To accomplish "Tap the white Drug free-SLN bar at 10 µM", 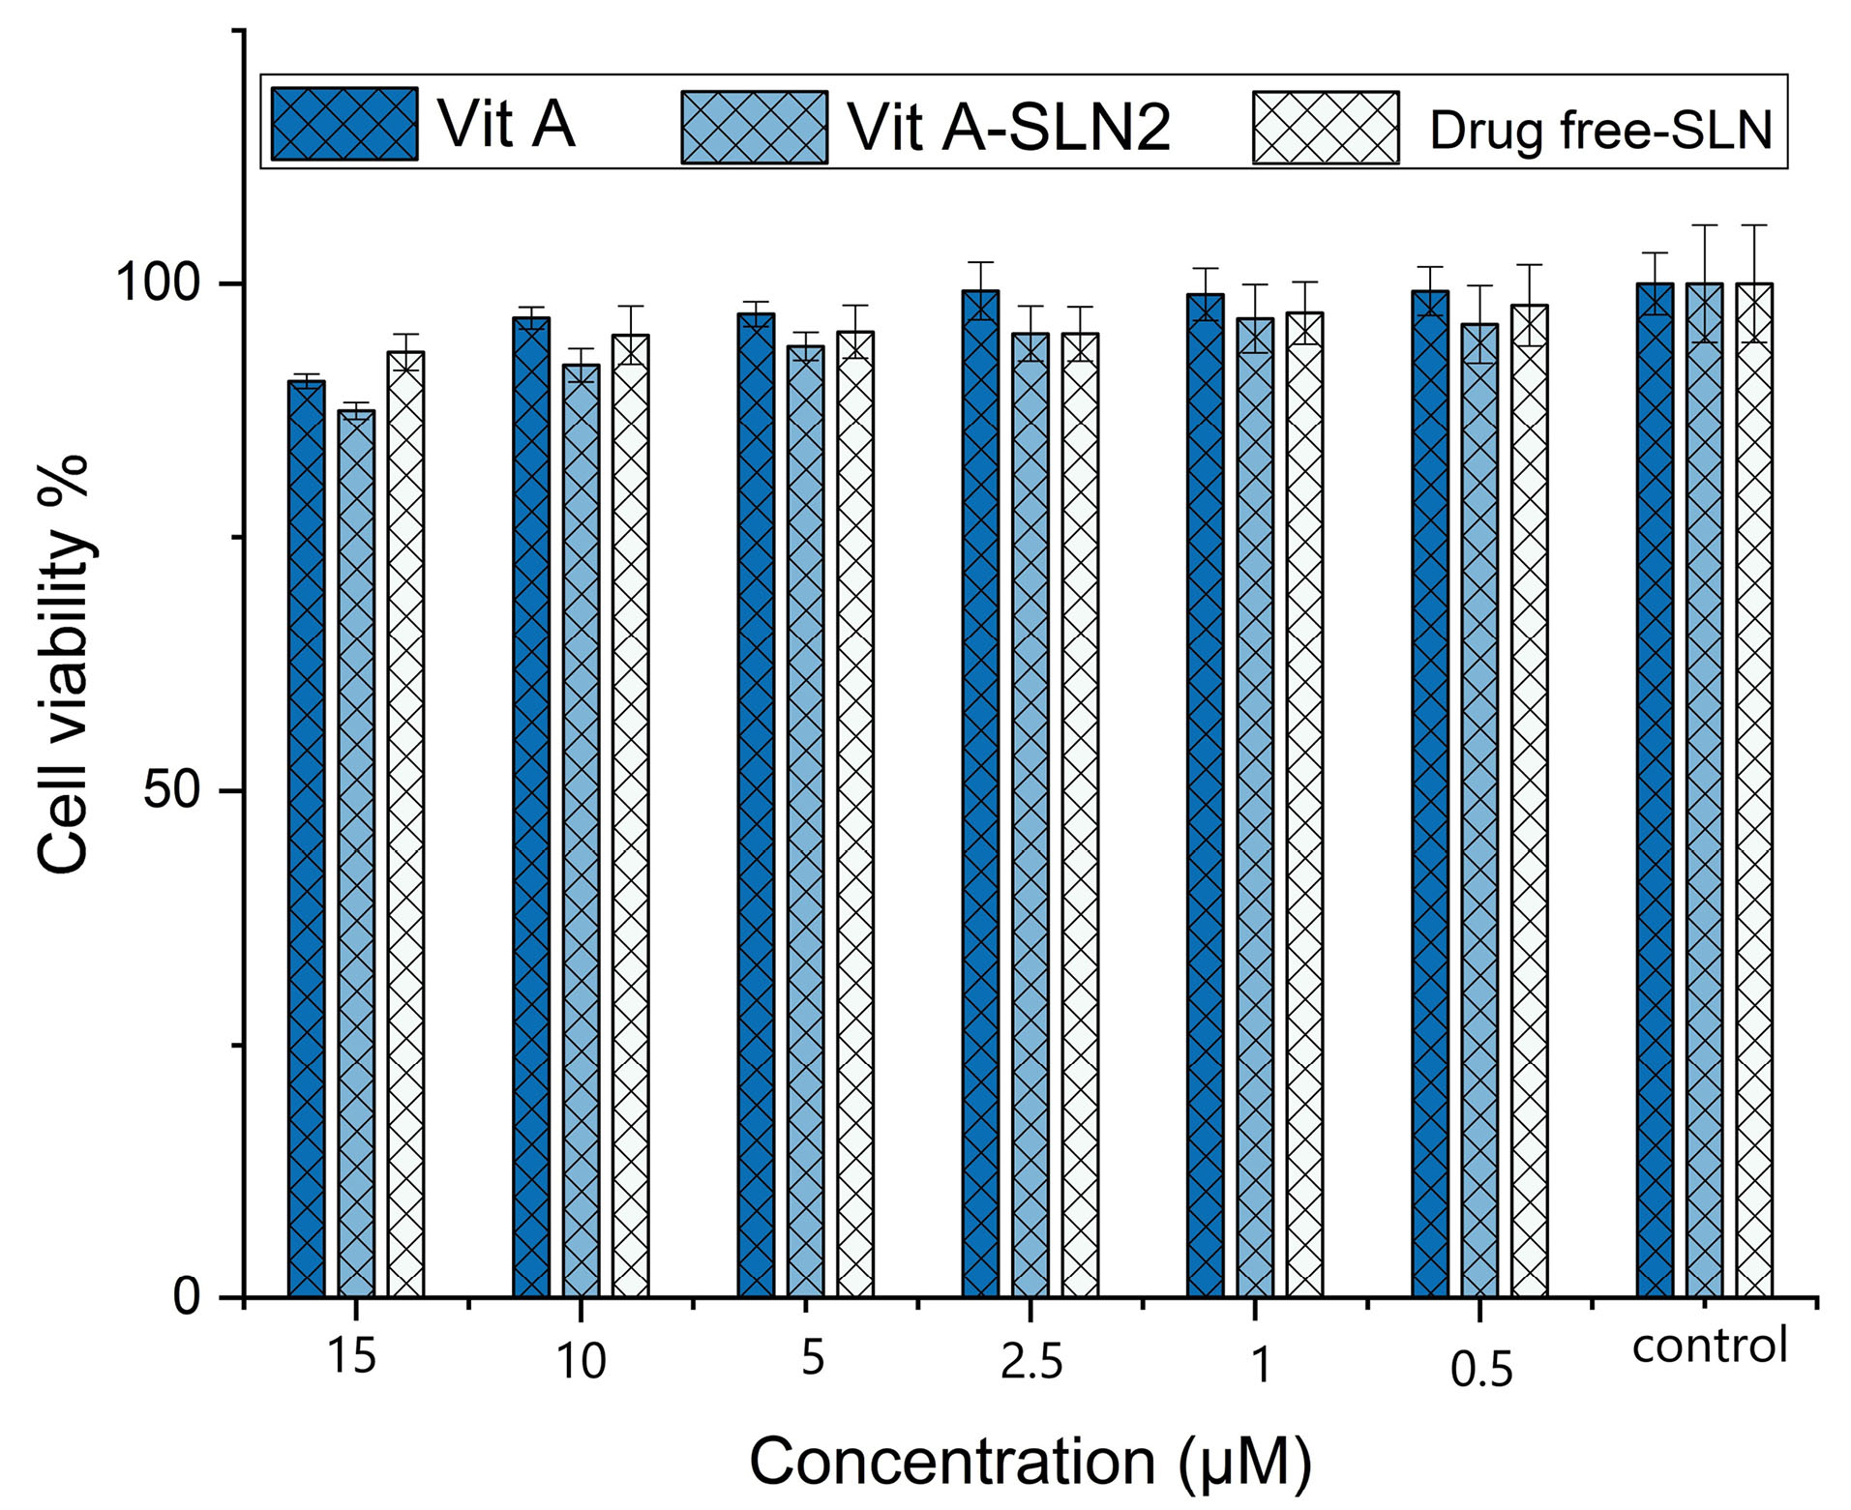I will point(631,814).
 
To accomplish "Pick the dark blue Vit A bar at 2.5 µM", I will point(980,793).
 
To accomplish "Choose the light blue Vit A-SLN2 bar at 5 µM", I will point(806,820).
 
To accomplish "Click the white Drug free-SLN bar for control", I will point(1754,789).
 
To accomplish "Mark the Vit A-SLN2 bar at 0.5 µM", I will point(1479,810).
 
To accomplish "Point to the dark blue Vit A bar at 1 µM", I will point(1205,795).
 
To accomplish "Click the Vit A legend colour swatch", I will point(344,124).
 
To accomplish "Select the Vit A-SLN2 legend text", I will point(1009,127).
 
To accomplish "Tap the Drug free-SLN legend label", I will point(1600,130).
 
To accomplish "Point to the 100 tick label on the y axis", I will point(158,283).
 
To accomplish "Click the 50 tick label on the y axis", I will point(171,790).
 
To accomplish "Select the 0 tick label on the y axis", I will point(187,1295).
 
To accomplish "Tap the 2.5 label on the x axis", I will point(1031,1363).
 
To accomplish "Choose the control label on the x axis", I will point(1710,1346).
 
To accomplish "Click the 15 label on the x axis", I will point(351,1356).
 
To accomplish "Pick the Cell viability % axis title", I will point(65,665).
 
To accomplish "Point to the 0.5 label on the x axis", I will point(1481,1370).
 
